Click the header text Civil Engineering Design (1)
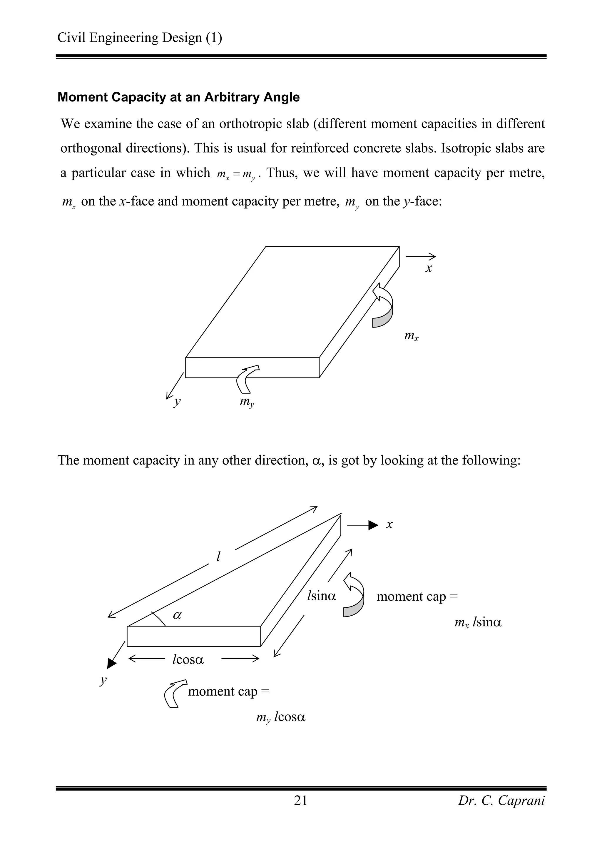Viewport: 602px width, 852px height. pyautogui.click(x=140, y=38)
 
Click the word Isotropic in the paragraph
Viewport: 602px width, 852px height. pyautogui.click(x=460, y=148)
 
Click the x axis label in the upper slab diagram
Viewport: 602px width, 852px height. pyautogui.click(x=428, y=268)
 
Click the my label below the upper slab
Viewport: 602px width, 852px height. pyautogui.click(x=247, y=402)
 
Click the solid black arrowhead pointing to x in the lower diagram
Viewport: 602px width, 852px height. pyautogui.click(x=373, y=525)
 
